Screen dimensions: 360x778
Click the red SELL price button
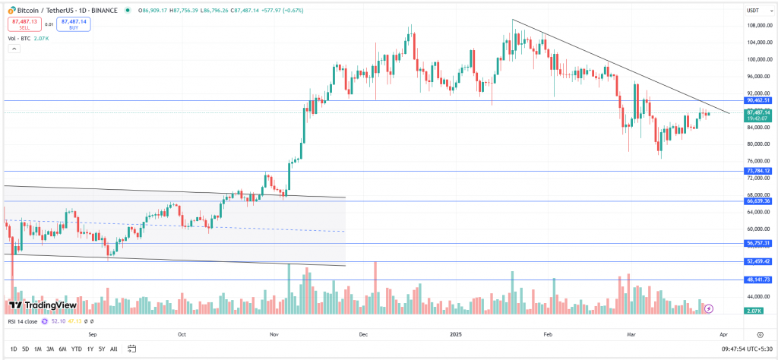coord(22,25)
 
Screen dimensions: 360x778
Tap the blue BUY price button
coord(73,25)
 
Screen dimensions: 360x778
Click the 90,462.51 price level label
coord(758,100)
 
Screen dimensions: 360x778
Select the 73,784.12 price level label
coord(758,171)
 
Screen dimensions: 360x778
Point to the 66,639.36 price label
coord(758,201)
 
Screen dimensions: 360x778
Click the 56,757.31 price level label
coord(758,243)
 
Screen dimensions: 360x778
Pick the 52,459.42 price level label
coord(758,261)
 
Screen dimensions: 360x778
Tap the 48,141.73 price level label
coord(758,279)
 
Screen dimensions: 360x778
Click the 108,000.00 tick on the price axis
coord(758,25)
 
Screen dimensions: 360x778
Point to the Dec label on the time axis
coord(363,333)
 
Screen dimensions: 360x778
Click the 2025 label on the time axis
coord(455,333)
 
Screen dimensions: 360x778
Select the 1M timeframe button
coord(38,349)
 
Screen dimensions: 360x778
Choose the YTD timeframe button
coord(77,349)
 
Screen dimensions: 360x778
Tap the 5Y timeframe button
coord(102,349)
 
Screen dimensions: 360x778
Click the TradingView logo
coord(43,305)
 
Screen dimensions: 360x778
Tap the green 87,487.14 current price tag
coord(758,112)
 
